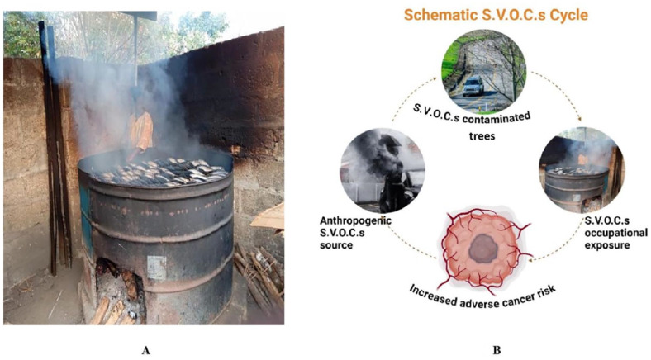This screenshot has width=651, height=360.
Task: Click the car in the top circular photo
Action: click(473, 86)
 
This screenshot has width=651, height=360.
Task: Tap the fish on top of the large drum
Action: click(157, 168)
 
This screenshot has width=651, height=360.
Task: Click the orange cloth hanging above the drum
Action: click(142, 132)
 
